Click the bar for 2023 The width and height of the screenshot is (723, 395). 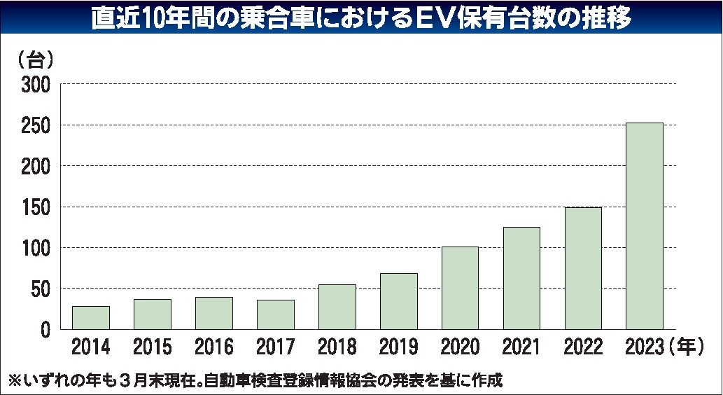[644, 226]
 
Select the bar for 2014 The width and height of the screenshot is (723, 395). [90, 317]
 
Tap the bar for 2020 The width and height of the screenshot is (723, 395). [460, 288]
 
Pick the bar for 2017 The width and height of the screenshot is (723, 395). [275, 314]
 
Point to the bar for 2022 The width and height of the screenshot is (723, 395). [582, 268]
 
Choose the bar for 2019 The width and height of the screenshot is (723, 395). [398, 301]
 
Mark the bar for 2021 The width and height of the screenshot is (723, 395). [521, 278]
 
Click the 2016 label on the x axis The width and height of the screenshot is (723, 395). [213, 347]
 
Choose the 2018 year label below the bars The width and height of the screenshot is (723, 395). [337, 347]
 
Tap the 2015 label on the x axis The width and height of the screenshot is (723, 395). [152, 347]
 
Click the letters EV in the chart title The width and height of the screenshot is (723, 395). [453, 19]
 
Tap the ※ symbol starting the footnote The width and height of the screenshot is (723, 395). [15, 380]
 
